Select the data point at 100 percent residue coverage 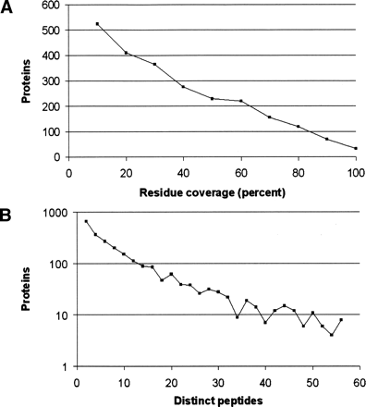355,148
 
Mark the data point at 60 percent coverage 240,101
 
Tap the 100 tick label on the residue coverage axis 355,171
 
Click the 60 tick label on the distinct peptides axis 355,379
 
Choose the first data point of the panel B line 87,221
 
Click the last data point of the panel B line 341,319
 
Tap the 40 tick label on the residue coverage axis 183,171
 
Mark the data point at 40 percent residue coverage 183,87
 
